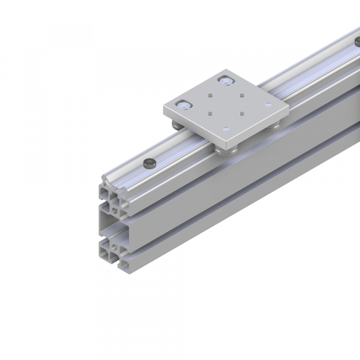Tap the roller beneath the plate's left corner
point(175,125)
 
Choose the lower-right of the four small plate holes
point(239,113)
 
